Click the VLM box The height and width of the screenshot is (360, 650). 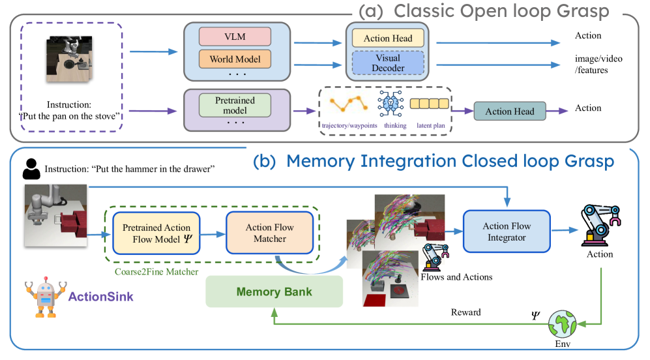[x=235, y=36]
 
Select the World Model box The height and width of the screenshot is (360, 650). [x=235, y=59]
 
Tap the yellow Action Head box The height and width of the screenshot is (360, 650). [x=388, y=38]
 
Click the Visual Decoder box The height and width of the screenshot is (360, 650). [x=388, y=63]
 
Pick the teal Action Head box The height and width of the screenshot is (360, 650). [x=509, y=111]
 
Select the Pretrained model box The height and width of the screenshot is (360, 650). [x=235, y=106]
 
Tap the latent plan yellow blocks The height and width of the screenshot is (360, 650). [x=430, y=104]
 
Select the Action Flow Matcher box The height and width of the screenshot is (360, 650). [x=270, y=233]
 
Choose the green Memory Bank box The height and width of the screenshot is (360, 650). [x=274, y=292]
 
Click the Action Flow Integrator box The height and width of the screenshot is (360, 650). [x=507, y=232]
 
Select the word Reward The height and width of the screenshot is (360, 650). [x=465, y=312]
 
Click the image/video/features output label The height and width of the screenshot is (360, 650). [x=598, y=64]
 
